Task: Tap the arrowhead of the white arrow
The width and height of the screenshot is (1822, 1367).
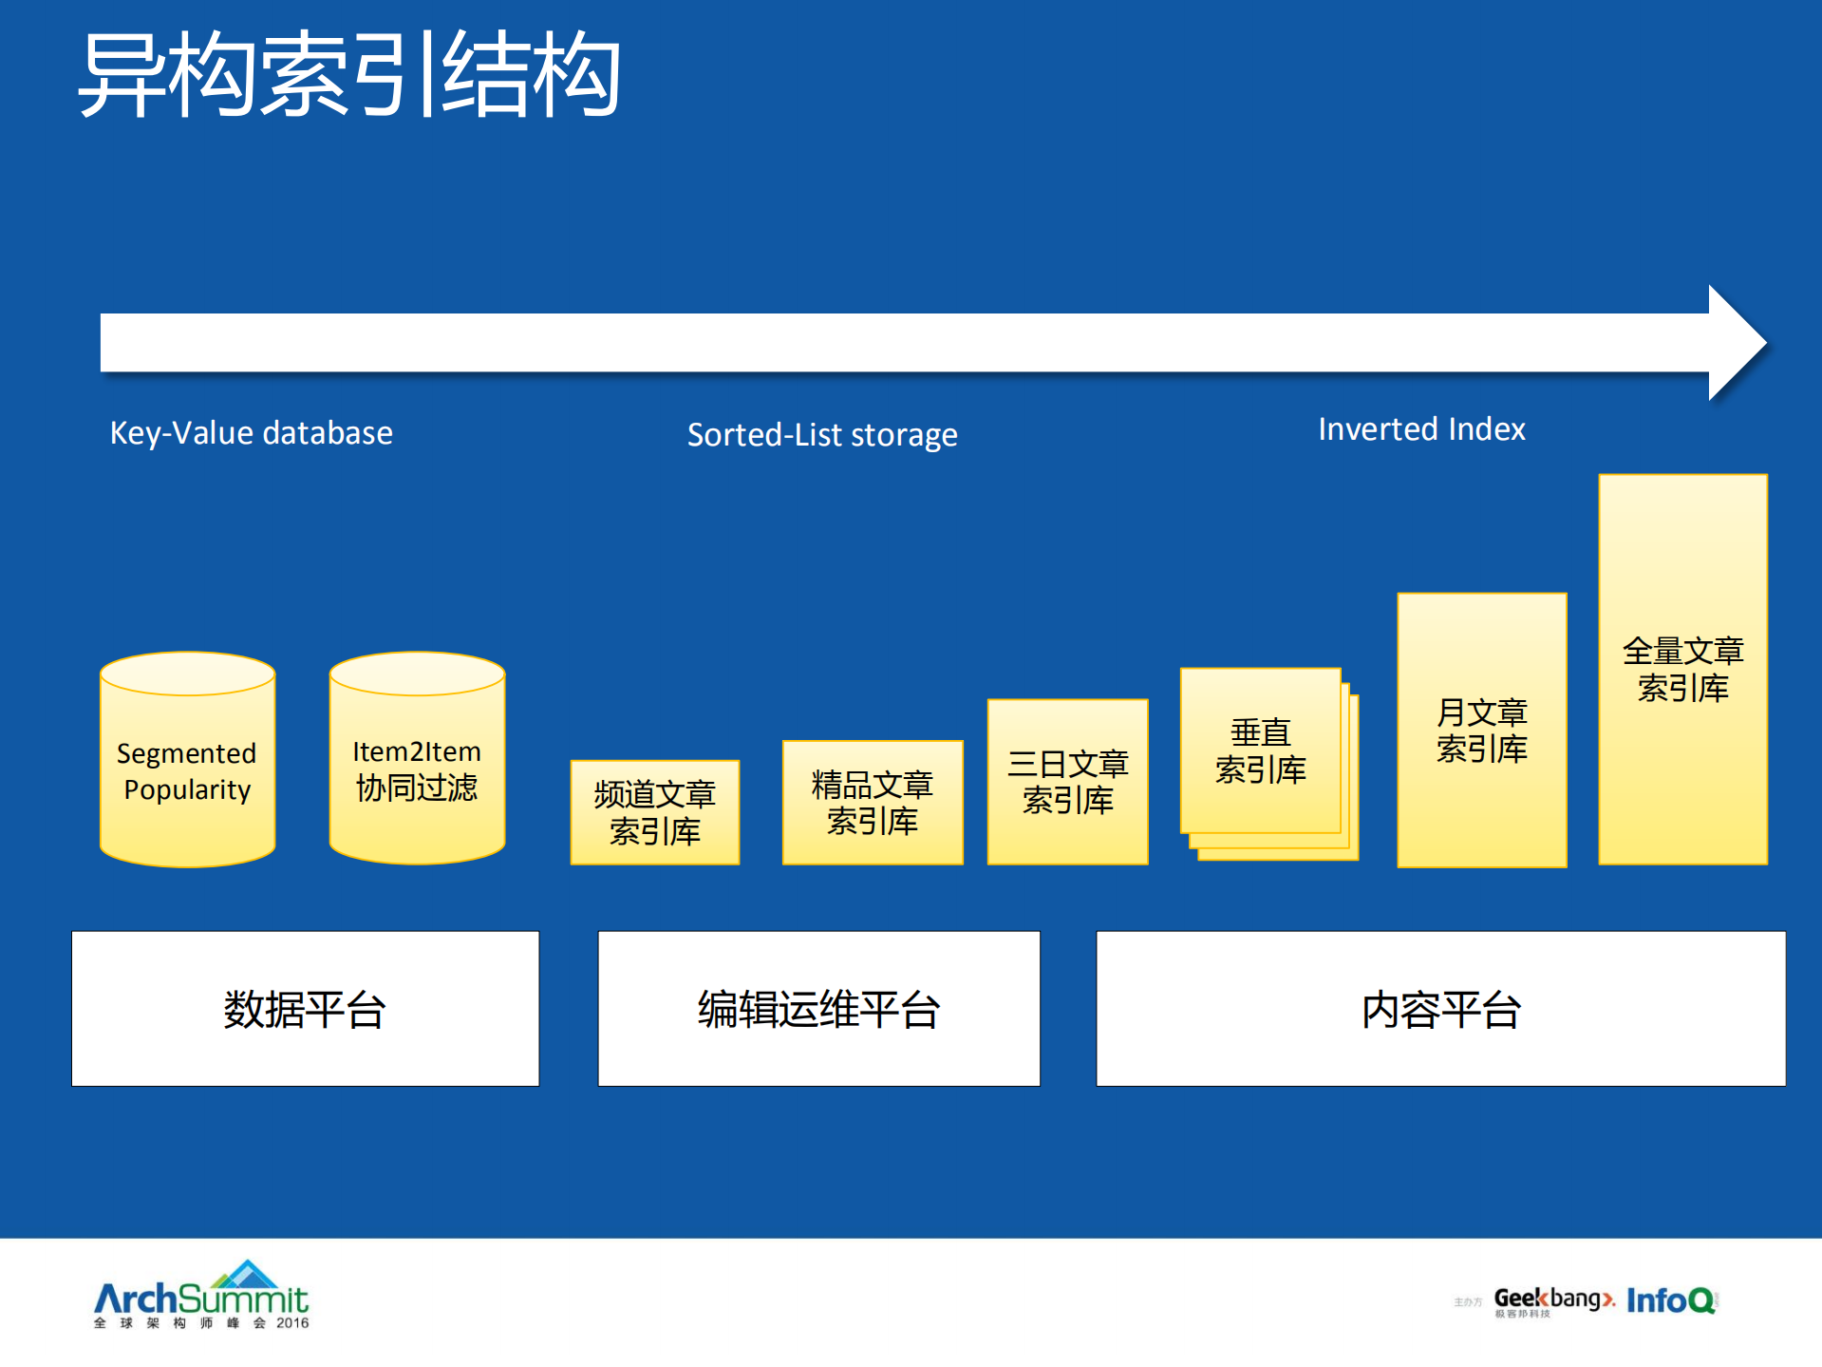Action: click(x=1736, y=343)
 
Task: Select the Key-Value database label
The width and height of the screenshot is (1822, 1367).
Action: click(x=251, y=433)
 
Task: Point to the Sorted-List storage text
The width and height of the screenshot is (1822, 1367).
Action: click(x=822, y=435)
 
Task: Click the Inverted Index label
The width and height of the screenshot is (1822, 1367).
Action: click(x=1421, y=429)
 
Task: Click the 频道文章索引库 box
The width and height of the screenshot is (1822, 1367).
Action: click(x=654, y=812)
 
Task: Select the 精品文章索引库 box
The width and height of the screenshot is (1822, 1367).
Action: click(x=872, y=803)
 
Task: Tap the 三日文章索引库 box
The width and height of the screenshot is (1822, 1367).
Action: click(x=1067, y=782)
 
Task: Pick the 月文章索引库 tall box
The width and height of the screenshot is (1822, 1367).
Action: click(x=1481, y=730)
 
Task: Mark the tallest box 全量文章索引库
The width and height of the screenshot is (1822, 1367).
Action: click(x=1682, y=669)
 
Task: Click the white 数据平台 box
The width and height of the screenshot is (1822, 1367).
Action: click(x=305, y=1008)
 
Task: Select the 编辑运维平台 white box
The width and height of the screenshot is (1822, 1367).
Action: click(x=818, y=1008)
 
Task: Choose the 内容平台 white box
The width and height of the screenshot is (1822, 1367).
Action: click(x=1440, y=1008)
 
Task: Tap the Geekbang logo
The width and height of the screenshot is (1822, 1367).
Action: click(x=1552, y=1300)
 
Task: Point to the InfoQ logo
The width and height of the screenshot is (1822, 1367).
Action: click(x=1671, y=1300)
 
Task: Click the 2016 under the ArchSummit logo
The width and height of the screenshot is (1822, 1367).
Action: click(x=292, y=1323)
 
